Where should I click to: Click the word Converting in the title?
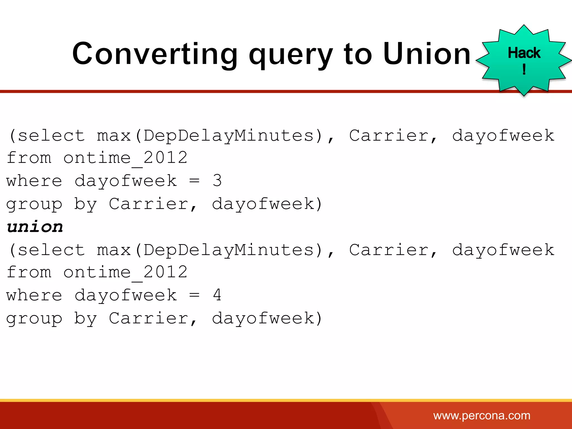click(155, 54)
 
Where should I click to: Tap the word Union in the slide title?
click(427, 54)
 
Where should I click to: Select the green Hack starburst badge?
click(524, 60)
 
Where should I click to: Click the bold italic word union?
click(35, 227)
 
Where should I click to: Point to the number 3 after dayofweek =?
click(217, 180)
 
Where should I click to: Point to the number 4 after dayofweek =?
click(217, 295)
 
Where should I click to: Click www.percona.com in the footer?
click(482, 416)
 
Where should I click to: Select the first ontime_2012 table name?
click(125, 158)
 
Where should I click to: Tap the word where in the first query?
click(34, 181)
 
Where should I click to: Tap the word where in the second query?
click(34, 295)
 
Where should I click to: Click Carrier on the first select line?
click(389, 136)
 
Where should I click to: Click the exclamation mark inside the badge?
click(524, 69)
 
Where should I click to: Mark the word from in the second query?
click(29, 272)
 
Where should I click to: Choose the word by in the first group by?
click(85, 204)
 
